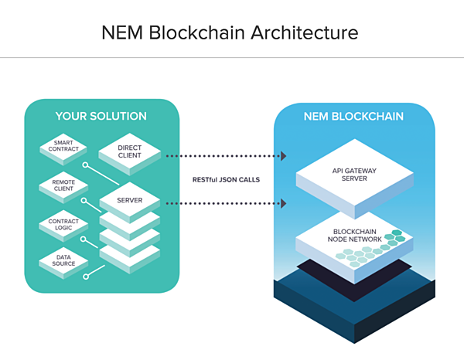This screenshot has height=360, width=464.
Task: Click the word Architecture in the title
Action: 305,32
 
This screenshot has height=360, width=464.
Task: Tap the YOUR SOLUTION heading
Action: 101,116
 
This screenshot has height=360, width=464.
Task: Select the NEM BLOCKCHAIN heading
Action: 353,117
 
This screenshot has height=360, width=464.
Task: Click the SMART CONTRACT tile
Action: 63,149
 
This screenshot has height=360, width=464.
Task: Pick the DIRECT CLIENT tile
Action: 130,154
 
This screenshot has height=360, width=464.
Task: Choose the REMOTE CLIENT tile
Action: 63,187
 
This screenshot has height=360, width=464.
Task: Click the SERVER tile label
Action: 130,200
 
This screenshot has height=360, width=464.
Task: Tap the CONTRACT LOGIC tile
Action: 63,226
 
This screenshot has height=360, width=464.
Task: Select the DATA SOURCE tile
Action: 63,263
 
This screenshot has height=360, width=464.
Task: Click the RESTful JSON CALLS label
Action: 226,180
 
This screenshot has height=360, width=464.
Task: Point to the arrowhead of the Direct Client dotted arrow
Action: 284,156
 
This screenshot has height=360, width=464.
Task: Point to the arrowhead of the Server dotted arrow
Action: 284,203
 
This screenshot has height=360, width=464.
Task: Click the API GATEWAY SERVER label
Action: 354,175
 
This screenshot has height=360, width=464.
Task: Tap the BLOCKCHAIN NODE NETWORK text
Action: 354,236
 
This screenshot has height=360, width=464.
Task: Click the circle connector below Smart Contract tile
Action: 85,165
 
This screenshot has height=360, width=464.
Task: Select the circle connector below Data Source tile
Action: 86,277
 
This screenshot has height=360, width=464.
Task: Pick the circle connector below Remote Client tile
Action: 84,201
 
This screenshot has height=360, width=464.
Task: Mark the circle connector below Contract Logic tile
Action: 84,239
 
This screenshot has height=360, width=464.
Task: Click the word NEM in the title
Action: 122,32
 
